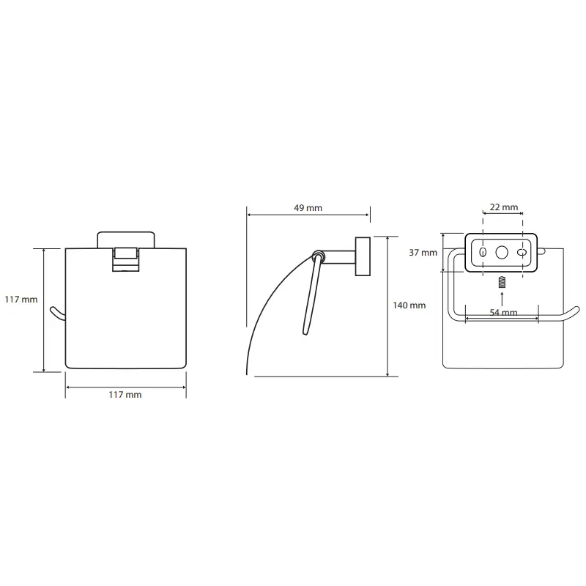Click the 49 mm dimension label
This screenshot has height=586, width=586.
pyautogui.click(x=308, y=208)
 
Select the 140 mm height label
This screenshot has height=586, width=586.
pyautogui.click(x=409, y=305)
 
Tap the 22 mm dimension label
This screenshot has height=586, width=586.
pyautogui.click(x=504, y=207)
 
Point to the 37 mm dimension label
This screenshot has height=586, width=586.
pyautogui.click(x=423, y=253)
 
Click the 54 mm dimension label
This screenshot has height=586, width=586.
pyautogui.click(x=503, y=313)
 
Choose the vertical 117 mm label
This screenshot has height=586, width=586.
pyautogui.click(x=21, y=300)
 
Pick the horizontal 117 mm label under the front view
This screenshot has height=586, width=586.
pyautogui.click(x=125, y=395)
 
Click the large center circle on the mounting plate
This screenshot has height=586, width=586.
pyautogui.click(x=502, y=253)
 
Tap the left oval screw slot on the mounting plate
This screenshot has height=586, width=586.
pyautogui.click(x=483, y=252)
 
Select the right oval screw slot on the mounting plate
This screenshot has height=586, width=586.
pyautogui.click(x=522, y=253)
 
